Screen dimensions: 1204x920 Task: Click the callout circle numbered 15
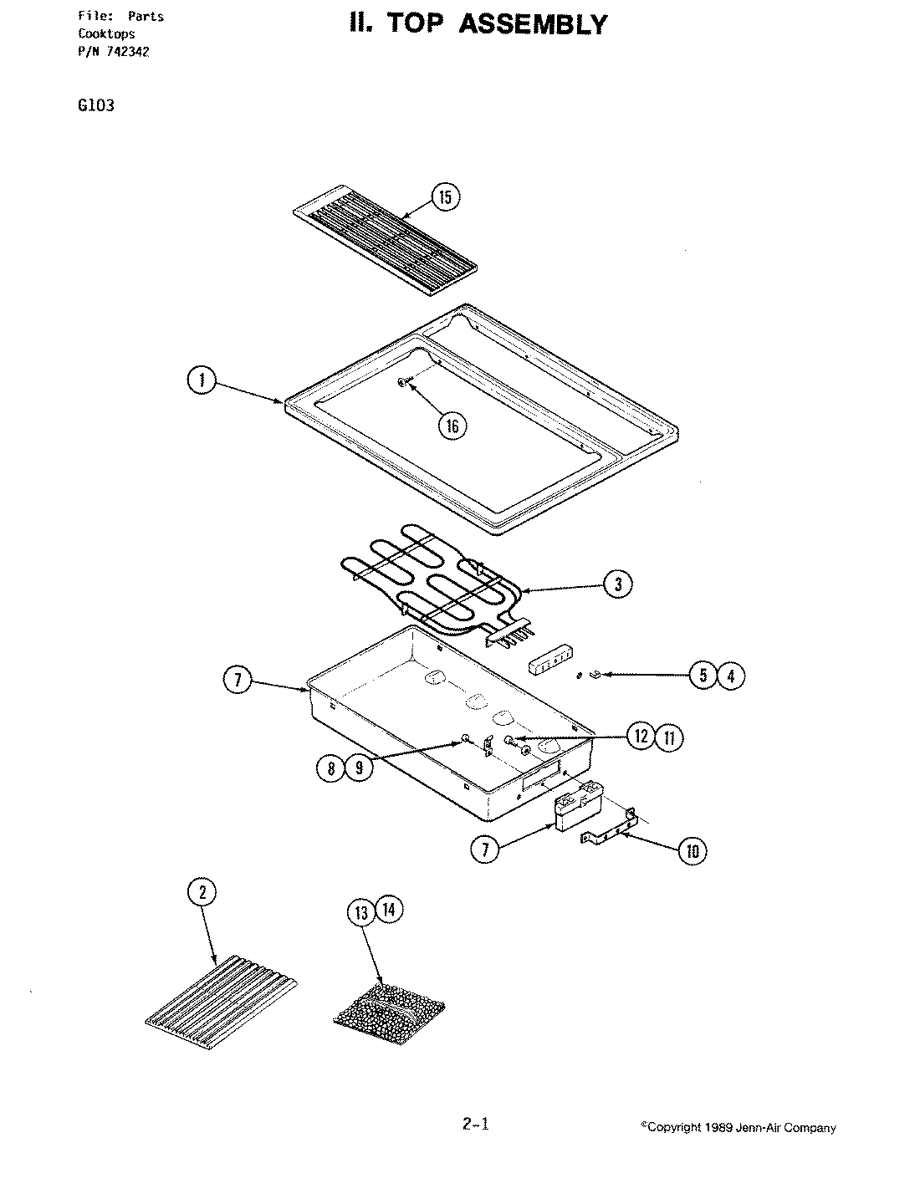click(445, 197)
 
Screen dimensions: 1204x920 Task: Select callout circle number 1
click(201, 381)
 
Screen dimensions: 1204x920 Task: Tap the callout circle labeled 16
click(452, 426)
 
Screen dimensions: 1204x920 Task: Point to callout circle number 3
click(618, 584)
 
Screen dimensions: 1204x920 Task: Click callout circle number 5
click(704, 675)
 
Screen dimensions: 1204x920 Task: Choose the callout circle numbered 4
click(730, 675)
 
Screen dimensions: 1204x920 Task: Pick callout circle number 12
click(641, 737)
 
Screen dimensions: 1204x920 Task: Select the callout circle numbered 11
click(668, 737)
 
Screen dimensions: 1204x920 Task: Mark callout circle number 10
click(692, 851)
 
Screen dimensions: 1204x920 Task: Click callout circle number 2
click(201, 893)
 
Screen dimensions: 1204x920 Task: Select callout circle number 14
click(388, 909)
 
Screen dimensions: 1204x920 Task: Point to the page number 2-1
click(475, 1125)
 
